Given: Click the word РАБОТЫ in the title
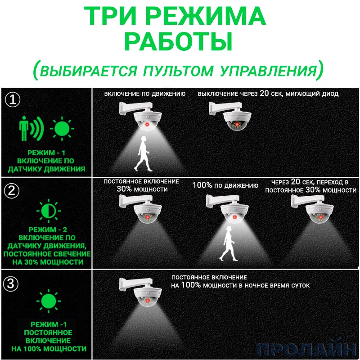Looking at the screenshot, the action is [178, 42].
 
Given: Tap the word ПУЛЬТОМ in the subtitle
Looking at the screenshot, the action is [178, 71].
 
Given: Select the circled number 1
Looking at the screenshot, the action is [13, 99].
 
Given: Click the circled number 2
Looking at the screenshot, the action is [12, 191].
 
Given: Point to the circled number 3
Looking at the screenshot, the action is [11, 284].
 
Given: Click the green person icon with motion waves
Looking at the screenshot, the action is [31, 128].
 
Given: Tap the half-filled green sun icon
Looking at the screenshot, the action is [49, 211].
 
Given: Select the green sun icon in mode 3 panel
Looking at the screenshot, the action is [49, 301].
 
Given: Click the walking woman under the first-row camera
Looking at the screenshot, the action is [143, 153].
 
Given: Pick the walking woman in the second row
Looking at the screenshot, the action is [229, 243].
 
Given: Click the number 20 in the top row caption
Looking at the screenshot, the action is [264, 93].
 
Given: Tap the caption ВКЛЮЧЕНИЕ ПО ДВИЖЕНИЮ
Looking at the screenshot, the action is [145, 94].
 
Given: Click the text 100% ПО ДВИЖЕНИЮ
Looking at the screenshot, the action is [225, 185].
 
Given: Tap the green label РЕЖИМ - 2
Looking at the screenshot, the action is [48, 229].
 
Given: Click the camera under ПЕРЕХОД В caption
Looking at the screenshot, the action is [312, 209].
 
